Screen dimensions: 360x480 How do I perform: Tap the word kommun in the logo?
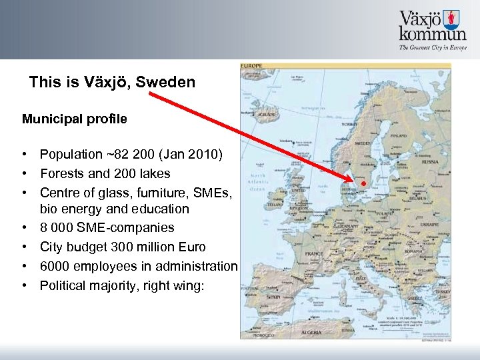click(x=433, y=34)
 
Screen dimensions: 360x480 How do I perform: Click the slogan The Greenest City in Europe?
click(x=432, y=48)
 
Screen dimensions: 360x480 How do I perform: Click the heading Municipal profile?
click(x=74, y=119)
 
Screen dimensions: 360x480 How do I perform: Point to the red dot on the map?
click(x=364, y=183)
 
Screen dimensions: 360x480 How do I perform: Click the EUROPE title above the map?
click(x=252, y=66)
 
